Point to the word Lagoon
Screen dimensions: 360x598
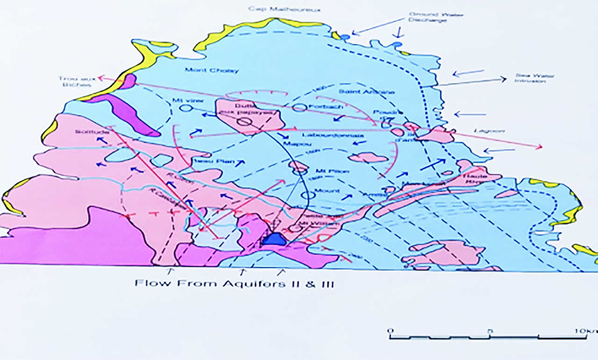495,131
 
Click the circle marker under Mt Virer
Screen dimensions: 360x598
185,108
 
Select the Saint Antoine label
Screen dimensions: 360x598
366,92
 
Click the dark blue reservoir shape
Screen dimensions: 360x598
274,240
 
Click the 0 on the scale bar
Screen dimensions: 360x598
391,331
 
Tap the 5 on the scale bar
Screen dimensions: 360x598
489,331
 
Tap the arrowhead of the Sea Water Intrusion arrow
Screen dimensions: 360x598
504,79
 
